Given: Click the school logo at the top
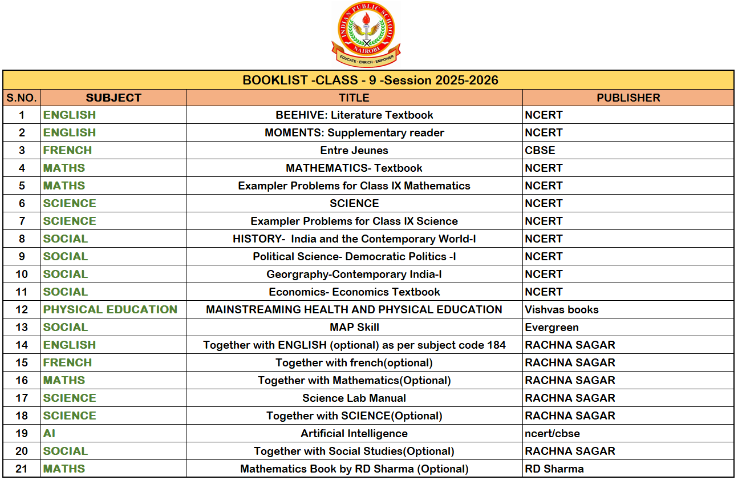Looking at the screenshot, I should (366, 34).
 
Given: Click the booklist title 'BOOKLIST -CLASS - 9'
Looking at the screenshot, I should (370, 80).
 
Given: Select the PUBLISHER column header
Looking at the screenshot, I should (628, 98).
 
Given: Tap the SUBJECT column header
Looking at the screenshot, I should (113, 98).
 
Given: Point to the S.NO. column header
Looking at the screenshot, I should (22, 98).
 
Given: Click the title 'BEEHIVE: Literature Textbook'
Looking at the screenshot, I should (354, 115).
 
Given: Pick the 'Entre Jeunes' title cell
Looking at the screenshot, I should (354, 150).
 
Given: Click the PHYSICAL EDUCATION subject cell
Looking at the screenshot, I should (110, 309).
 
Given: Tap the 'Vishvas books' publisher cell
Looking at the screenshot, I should (562, 309).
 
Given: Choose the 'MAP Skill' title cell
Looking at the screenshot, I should (354, 327).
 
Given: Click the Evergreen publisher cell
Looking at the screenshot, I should (552, 327).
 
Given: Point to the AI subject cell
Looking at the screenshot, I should (50, 433).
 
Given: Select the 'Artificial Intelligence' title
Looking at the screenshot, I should (354, 433).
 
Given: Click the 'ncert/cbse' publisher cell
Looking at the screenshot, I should (552, 433).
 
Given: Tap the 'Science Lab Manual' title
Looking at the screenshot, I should (354, 398).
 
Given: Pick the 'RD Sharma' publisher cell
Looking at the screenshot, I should (554, 469).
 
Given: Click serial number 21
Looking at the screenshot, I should (22, 469).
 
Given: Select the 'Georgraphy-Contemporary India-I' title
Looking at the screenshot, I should (354, 274).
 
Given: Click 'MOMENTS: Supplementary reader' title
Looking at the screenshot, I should (354, 132).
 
